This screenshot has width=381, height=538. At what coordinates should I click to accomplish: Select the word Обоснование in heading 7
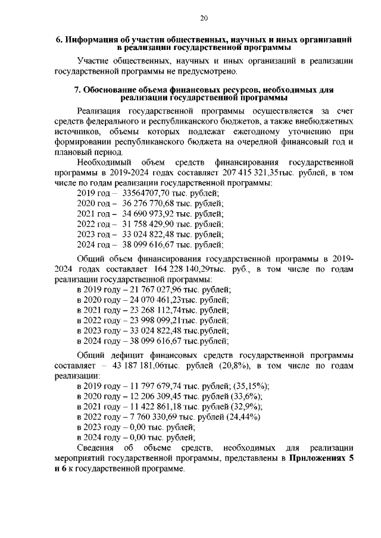pos(111,90)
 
